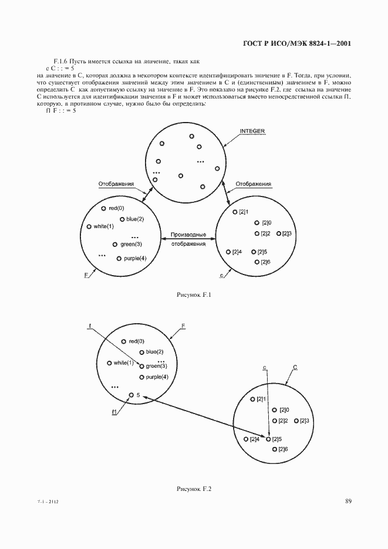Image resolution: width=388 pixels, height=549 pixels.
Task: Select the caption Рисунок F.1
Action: [193, 295]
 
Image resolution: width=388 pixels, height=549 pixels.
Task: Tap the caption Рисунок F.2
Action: [193, 489]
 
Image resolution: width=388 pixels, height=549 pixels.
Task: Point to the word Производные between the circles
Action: [188, 235]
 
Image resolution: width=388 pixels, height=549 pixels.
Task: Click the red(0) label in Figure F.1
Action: [117, 208]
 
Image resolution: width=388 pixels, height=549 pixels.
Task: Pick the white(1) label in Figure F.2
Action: [124, 362]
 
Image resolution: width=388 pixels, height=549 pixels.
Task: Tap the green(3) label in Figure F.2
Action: [156, 366]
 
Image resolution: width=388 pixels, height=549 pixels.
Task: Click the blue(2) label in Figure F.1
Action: [135, 219]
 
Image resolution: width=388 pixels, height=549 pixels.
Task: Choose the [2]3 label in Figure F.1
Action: [287, 233]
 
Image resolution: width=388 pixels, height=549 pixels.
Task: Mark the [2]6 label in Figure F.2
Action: [282, 449]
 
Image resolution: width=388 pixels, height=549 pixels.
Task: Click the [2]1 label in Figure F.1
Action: [244, 212]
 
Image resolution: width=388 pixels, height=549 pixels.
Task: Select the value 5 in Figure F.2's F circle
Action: [138, 395]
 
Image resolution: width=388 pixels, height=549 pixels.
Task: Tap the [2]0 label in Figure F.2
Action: [285, 410]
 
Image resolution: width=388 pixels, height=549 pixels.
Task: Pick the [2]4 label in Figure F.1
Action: [237, 252]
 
